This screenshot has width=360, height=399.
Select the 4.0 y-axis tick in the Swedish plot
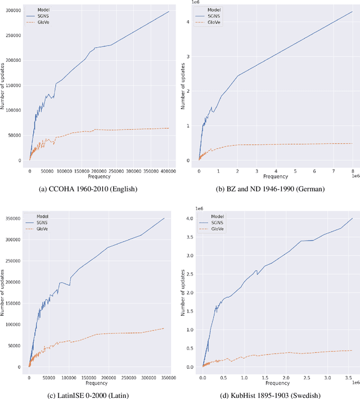point(191,218)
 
